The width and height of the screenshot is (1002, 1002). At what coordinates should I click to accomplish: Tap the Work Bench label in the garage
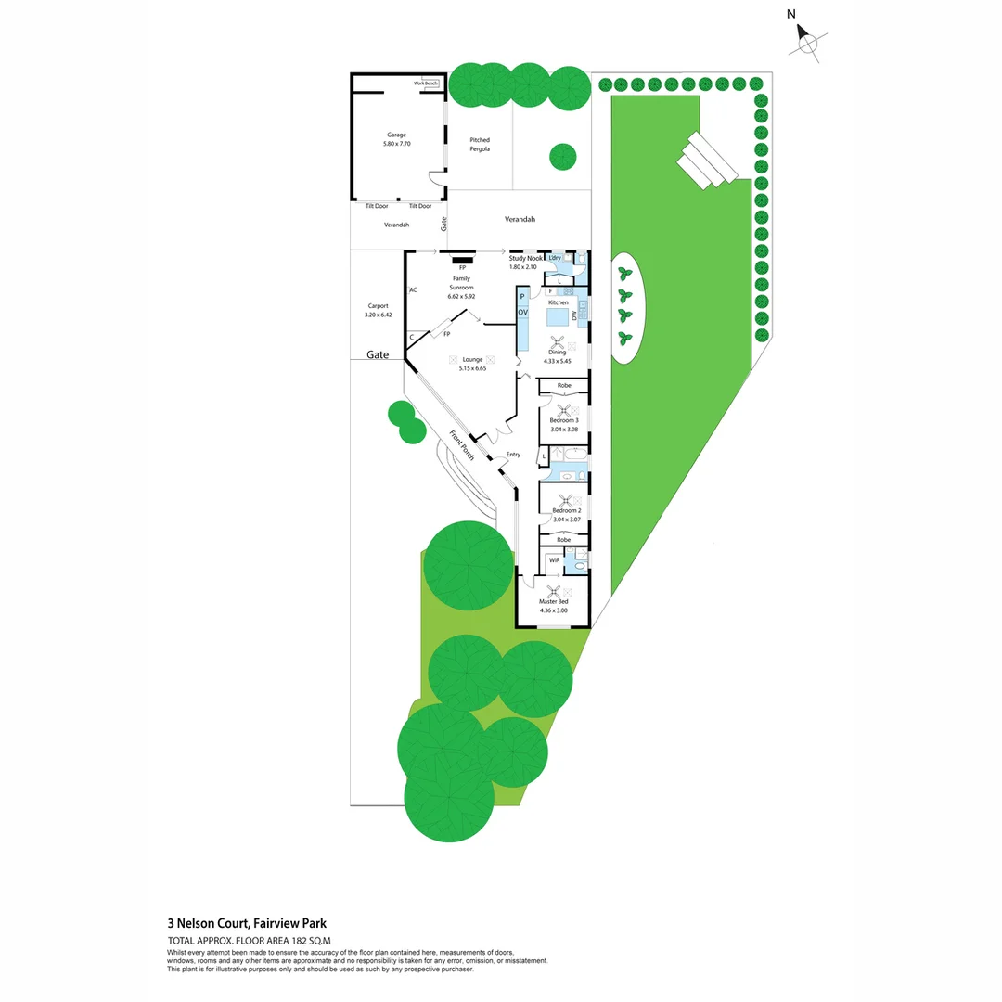coord(426,83)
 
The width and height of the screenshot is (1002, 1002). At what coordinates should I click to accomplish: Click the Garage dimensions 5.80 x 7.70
coord(396,145)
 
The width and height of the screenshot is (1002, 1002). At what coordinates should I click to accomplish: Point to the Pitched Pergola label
coord(479,145)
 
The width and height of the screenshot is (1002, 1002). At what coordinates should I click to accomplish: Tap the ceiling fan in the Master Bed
coord(554,591)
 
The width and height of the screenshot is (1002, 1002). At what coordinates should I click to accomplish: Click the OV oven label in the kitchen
coord(522,313)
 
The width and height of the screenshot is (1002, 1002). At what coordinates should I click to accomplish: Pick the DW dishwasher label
coord(575,315)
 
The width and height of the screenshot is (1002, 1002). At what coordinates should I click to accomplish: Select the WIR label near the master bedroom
coord(554,560)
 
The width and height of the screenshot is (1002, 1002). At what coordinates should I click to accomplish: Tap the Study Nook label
coord(525,258)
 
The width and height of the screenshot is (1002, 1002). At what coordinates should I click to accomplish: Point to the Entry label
coord(513,455)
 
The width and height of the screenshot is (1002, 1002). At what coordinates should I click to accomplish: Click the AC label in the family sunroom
coord(413,289)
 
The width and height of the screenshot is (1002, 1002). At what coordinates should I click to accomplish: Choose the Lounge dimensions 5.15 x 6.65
coord(472,368)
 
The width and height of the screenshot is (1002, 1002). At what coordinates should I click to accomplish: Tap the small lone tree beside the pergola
coord(562,157)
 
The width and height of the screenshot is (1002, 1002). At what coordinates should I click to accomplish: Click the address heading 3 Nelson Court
coord(247,923)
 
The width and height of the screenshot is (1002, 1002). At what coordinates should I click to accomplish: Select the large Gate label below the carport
coord(378,355)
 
